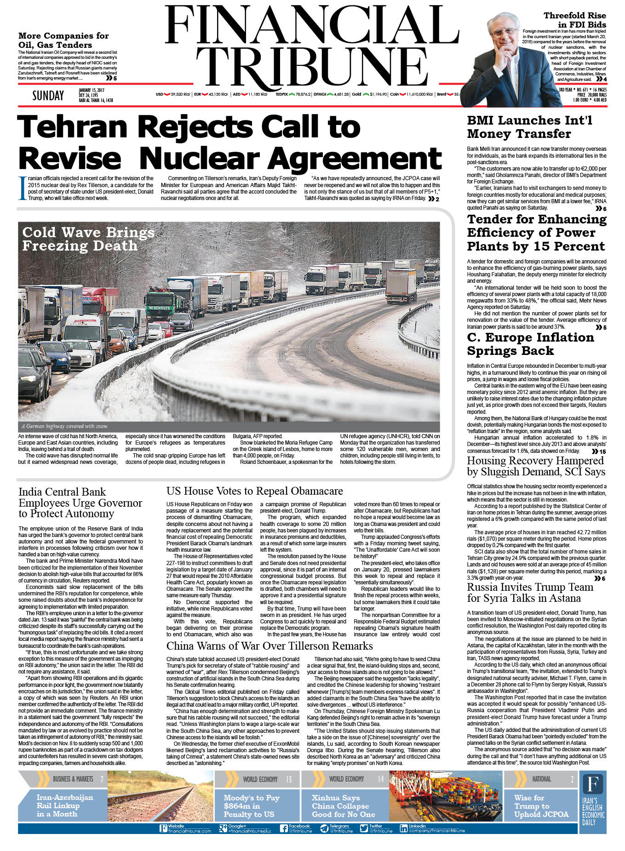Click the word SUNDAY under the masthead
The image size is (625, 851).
48,96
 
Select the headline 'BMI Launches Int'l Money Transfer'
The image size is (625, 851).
529,127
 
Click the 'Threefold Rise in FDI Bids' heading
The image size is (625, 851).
574,20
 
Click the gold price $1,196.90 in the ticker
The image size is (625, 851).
378,94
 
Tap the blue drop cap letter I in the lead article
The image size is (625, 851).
21,188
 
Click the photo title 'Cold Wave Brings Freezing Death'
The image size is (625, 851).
88,239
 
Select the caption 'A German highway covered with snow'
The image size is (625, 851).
64,426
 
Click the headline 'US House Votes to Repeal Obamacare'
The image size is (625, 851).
254,491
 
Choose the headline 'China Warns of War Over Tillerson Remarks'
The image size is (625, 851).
269,646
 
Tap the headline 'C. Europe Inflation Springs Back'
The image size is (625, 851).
530,344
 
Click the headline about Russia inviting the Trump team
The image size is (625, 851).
530,593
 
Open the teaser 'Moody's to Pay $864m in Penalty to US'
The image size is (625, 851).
251,806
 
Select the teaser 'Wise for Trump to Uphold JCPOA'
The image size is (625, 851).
541,806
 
